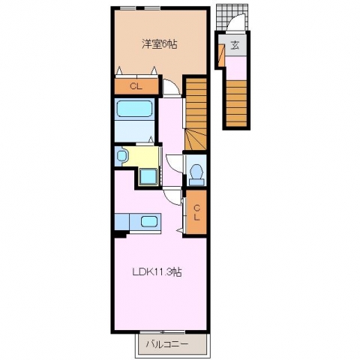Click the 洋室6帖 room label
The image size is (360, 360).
point(160,44)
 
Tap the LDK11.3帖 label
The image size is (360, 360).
point(157,271)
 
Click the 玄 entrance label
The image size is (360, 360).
point(235,45)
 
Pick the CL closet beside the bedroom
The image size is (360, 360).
point(136,87)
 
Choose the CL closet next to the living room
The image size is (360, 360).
point(196,212)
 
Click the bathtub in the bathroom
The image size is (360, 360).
point(135,109)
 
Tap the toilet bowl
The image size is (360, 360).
point(196,171)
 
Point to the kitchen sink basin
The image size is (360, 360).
point(148,221)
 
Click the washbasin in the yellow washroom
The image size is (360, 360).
point(121,156)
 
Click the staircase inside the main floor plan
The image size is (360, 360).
point(196,114)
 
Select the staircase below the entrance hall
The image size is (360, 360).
point(236,103)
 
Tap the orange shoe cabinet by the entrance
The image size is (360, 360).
point(220,55)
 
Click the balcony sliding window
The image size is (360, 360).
point(162,332)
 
